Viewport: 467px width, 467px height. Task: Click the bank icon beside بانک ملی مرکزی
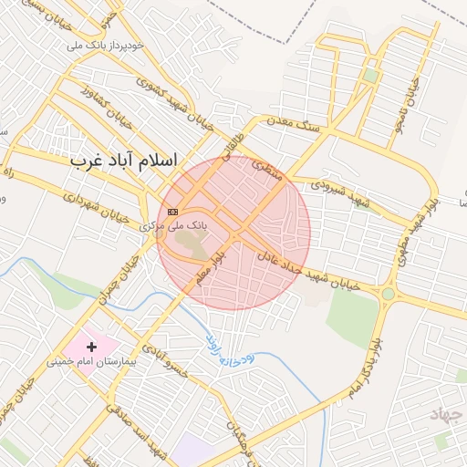pyautogui.click(x=173, y=212)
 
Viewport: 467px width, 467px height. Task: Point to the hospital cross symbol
pyautogui.click(x=91, y=347)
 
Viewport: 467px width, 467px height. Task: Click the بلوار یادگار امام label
pyautogui.click(x=365, y=365)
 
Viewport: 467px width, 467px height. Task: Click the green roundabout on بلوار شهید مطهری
pyautogui.click(x=389, y=294)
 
